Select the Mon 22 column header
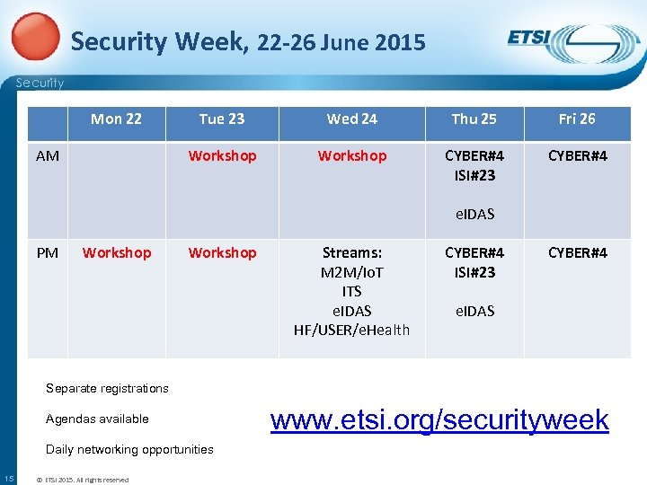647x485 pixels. click(x=116, y=119)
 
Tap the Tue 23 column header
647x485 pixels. click(x=222, y=119)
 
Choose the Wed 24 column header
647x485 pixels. click(x=351, y=119)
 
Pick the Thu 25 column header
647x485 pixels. click(x=474, y=119)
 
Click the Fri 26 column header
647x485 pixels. click(x=577, y=119)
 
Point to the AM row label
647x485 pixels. click(x=48, y=156)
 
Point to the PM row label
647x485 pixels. click(x=47, y=253)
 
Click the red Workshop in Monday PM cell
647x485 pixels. click(x=116, y=253)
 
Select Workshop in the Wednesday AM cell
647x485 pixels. click(x=351, y=156)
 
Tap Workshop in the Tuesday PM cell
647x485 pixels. click(x=222, y=253)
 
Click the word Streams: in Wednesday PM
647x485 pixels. click(x=351, y=253)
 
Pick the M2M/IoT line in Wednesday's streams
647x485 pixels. click(x=351, y=272)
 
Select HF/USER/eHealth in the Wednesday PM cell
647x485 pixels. click(x=351, y=330)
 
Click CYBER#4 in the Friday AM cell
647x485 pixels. click(x=577, y=156)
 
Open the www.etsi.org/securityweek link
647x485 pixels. click(x=439, y=419)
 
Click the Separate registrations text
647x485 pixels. click(x=107, y=388)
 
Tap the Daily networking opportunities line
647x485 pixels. click(x=129, y=449)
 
